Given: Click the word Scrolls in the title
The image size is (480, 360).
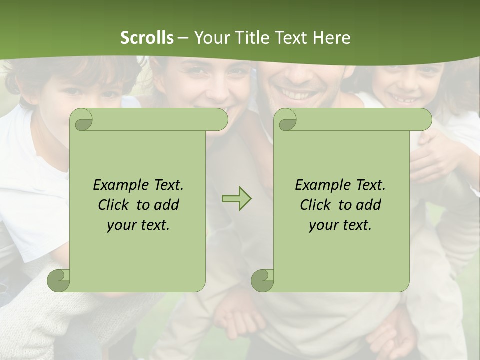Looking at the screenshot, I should pyautogui.click(x=147, y=37).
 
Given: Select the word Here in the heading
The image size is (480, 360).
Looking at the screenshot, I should pyautogui.click(x=332, y=37).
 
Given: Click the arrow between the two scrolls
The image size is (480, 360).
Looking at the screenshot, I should pyautogui.click(x=236, y=199).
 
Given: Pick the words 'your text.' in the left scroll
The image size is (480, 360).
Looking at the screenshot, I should pyautogui.click(x=138, y=225).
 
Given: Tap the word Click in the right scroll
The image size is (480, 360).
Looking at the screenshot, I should pyautogui.click(x=316, y=205).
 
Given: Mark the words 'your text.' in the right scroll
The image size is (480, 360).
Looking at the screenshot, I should pyautogui.click(x=340, y=225).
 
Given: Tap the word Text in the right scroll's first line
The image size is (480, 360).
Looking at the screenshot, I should pyautogui.click(x=370, y=185).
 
